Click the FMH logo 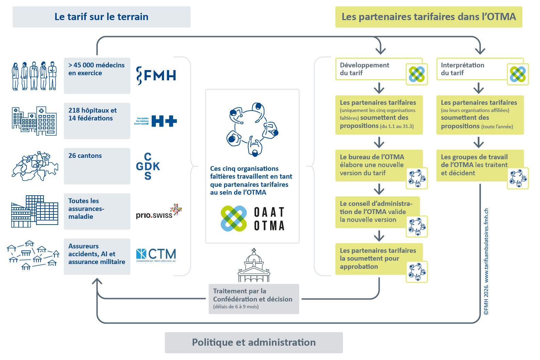coord(156,76)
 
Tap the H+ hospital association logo coord(156,121)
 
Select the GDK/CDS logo coord(148,166)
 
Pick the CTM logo coord(156,255)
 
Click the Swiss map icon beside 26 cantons coord(35,166)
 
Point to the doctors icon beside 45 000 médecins coord(34,76)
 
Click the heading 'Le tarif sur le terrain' coord(101,17)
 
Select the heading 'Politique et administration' coord(253,342)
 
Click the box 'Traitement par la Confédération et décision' coord(253,299)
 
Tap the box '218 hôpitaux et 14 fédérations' coord(97,121)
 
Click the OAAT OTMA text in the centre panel coord(269,219)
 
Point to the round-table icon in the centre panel coord(252,129)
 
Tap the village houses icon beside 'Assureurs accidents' coord(33,255)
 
